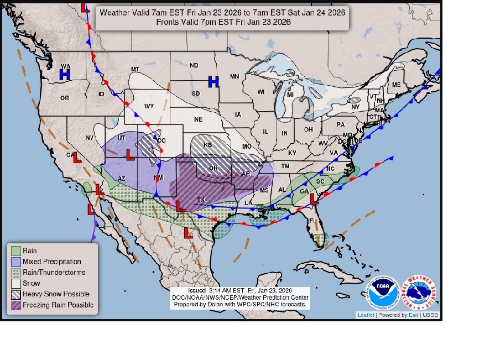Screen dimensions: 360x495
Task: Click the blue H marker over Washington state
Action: click(x=65, y=74)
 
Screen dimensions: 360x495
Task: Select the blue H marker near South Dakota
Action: click(x=213, y=82)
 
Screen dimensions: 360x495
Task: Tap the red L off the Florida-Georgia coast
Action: click(x=314, y=198)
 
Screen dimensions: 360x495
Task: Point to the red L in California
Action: click(x=77, y=157)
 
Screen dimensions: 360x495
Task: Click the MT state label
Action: click(x=135, y=69)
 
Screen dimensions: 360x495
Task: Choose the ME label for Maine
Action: click(x=396, y=85)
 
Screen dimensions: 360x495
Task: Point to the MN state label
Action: click(x=235, y=76)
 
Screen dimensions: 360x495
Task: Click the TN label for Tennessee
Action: click(x=285, y=166)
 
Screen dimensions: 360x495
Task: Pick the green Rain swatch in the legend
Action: click(x=16, y=251)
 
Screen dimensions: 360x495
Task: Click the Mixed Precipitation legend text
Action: click(x=52, y=262)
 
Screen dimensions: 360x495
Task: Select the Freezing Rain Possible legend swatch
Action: click(x=16, y=305)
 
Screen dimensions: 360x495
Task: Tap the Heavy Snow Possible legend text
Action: click(x=56, y=294)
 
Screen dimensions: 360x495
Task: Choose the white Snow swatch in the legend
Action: click(x=16, y=283)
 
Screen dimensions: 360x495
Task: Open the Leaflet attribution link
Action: click(x=366, y=315)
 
